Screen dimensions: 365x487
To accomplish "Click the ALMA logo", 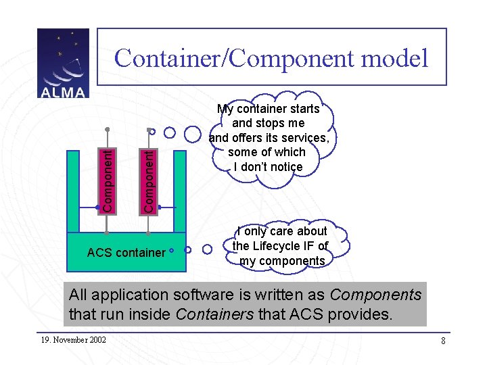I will tap(63, 63).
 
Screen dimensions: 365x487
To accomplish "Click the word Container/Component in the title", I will tap(227, 58).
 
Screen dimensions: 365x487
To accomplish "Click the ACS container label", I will tap(126, 253).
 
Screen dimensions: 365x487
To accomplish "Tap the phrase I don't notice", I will tap(268, 166).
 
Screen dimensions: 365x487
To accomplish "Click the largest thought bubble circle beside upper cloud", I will tap(193, 133).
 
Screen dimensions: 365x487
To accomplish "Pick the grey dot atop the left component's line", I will tap(107, 128).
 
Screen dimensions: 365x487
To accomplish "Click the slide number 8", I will tap(443, 341).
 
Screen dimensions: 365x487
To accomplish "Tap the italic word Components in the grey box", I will tap(375, 295).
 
